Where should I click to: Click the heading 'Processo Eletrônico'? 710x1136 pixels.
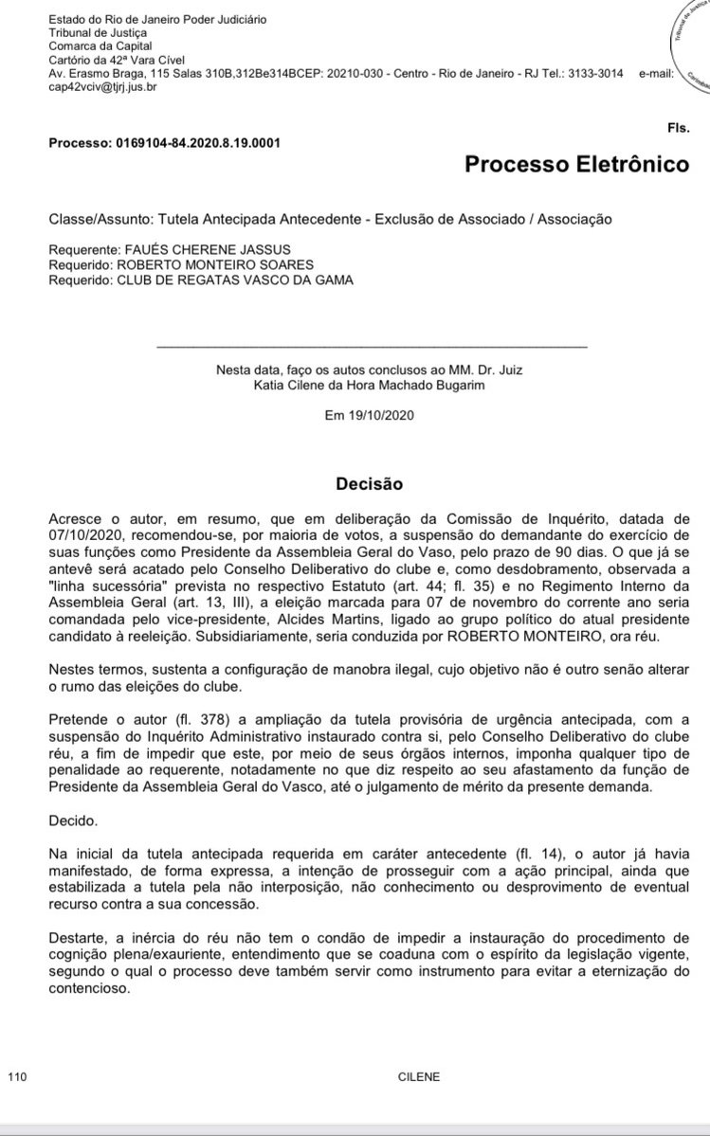coord(576,165)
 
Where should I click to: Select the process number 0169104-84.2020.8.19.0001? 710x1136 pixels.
coord(199,143)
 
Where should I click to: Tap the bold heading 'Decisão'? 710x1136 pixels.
coord(369,484)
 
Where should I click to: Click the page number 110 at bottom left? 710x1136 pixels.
coord(16,1077)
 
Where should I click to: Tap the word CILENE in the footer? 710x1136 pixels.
coord(418,1077)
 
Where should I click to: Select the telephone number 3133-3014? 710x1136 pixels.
coord(594,74)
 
